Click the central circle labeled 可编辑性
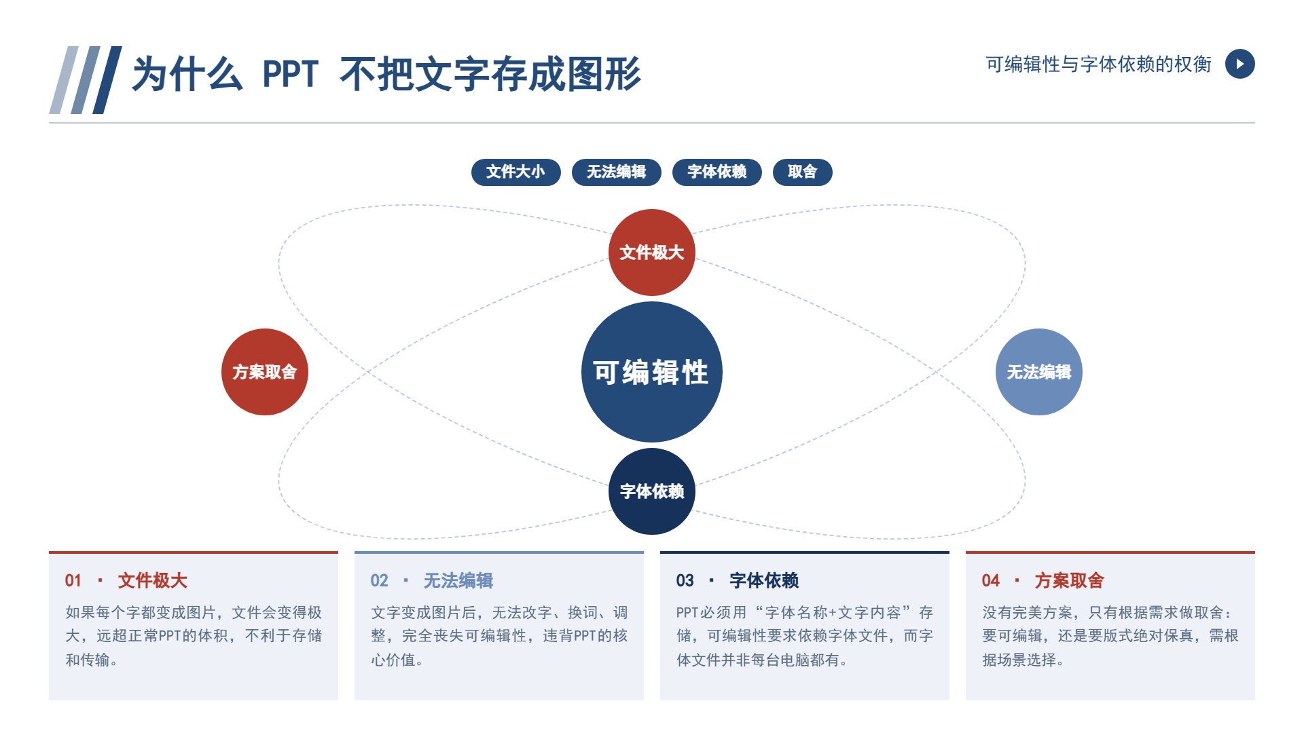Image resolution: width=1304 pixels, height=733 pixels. coord(652,372)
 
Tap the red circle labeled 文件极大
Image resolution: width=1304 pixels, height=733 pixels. coord(652,252)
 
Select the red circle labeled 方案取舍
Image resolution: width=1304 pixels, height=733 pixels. coord(265,372)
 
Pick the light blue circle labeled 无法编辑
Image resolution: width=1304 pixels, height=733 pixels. coord(1039,372)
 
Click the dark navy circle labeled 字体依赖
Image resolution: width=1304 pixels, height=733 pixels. coord(652,491)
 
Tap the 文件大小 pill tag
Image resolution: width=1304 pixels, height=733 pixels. coord(516,172)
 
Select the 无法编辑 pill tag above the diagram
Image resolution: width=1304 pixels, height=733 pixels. coord(617,172)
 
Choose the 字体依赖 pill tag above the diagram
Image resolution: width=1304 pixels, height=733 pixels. coord(717,172)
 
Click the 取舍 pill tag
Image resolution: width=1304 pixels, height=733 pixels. coord(803,172)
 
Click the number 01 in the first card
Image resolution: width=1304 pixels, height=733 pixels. coord(73,581)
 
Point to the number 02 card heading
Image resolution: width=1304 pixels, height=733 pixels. coord(379,581)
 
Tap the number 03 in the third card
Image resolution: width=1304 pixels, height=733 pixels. coord(685,581)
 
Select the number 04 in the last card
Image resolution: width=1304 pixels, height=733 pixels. coord(990,581)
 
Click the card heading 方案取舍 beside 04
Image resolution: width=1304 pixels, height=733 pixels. coord(1070,581)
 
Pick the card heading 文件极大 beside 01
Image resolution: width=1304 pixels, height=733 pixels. coord(153,581)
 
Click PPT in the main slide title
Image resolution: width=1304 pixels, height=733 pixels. coord(290,74)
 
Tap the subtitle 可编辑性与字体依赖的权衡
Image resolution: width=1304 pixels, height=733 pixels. coord(1099,64)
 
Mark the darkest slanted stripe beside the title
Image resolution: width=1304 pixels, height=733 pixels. coord(107,80)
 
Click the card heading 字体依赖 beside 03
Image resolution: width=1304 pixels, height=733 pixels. coord(764,581)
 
